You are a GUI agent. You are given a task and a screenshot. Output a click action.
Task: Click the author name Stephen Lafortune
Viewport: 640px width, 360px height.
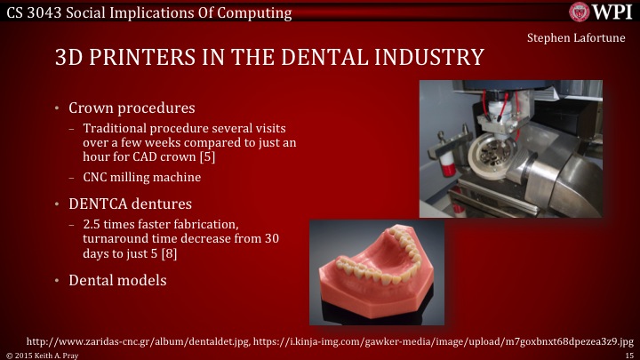tap(576, 37)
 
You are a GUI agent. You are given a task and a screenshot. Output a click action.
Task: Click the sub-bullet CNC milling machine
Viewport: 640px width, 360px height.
tap(141, 177)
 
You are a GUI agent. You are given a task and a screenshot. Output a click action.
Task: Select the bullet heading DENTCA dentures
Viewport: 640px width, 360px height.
tap(140, 204)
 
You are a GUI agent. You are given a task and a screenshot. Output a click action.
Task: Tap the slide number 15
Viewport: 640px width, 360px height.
tap(628, 354)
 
